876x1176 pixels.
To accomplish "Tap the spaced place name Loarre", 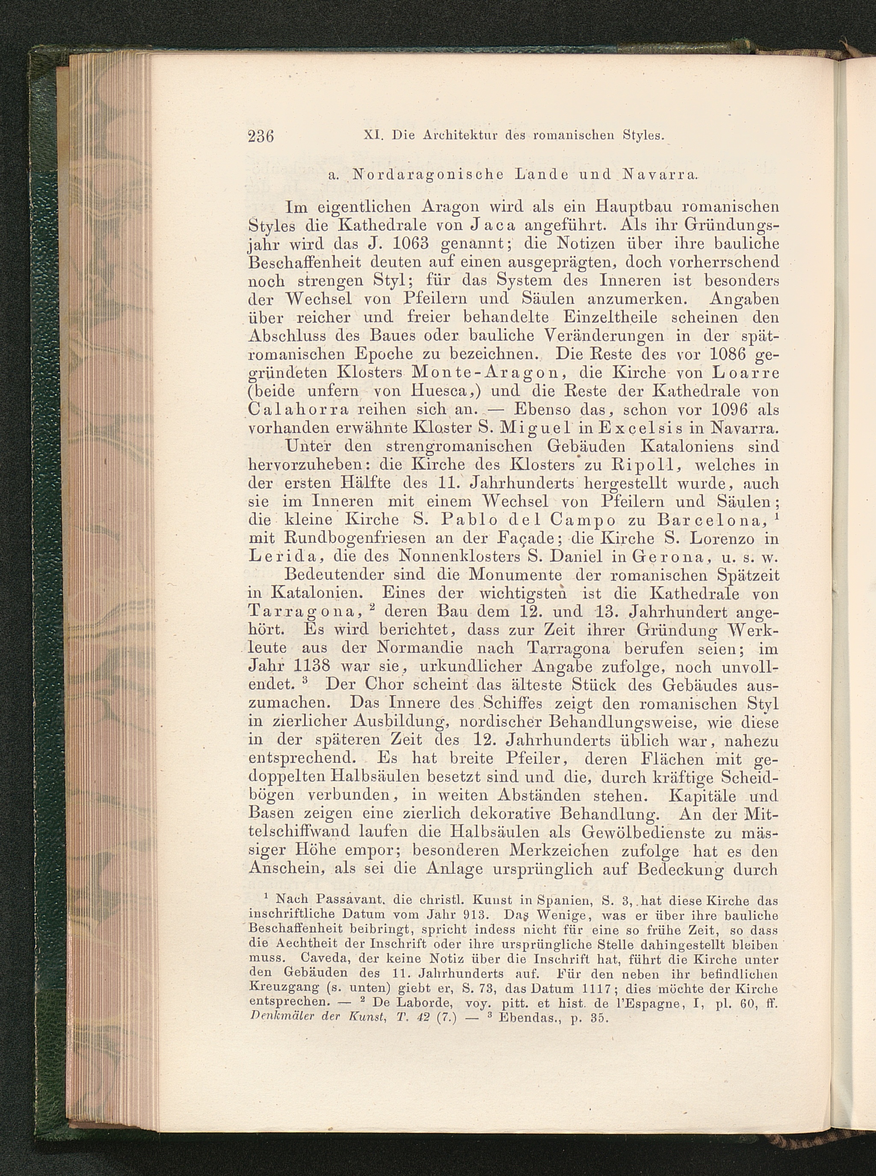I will click(737, 372).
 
